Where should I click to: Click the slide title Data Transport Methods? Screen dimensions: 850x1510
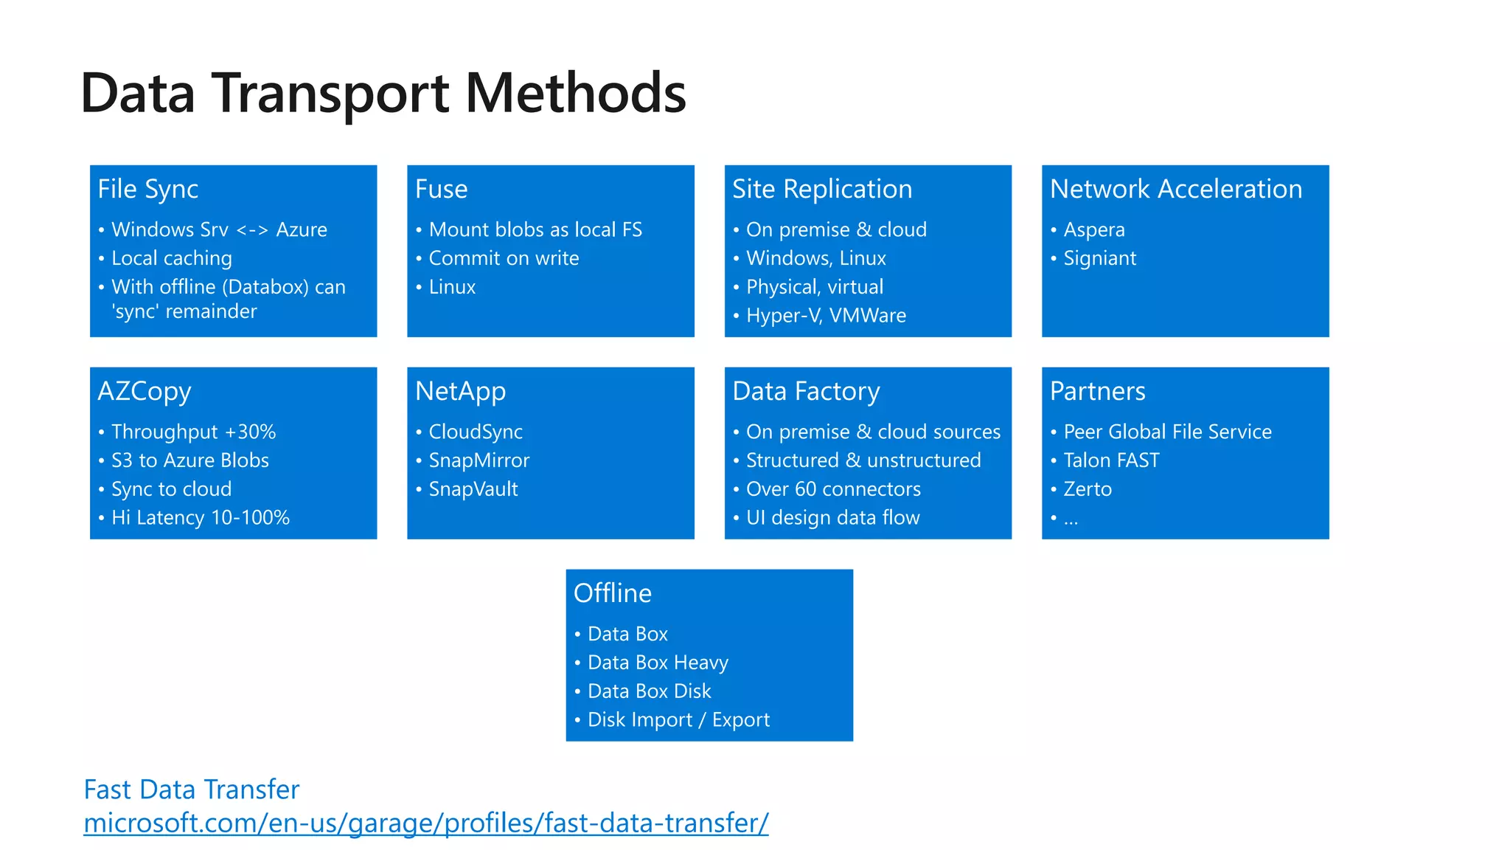(383, 94)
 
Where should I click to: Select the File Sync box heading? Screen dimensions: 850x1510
(147, 189)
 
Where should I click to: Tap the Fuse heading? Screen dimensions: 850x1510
(441, 189)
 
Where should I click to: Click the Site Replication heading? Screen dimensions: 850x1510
(821, 189)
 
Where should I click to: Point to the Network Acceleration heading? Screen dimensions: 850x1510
(1175, 189)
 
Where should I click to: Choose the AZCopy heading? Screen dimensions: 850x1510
(145, 391)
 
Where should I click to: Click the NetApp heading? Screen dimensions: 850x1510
(460, 391)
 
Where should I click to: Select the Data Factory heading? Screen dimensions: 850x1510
(806, 391)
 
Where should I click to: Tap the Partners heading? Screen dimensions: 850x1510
(1097, 391)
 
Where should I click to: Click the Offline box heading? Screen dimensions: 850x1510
(612, 593)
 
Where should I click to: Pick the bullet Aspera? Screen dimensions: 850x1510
(1093, 229)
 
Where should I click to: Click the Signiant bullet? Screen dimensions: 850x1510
(1099, 258)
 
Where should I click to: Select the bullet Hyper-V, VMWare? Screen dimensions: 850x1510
(826, 316)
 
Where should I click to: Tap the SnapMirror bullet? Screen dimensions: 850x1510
(479, 460)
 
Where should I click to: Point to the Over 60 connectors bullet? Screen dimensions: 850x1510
(833, 489)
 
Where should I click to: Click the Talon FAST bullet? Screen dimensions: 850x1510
(1111, 460)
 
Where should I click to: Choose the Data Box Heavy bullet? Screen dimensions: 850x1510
(658, 663)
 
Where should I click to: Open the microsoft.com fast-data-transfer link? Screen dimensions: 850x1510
(425, 823)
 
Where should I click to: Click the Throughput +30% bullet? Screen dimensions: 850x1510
(193, 432)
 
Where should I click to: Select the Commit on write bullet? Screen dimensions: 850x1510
(504, 258)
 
